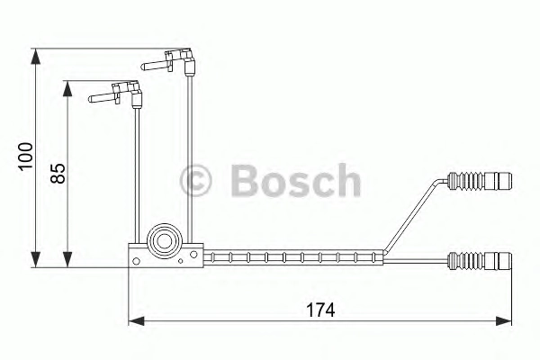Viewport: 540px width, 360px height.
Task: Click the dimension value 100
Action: coord(26,156)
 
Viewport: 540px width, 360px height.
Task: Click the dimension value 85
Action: coord(58,174)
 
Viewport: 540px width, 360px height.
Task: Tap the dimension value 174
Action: coord(320,310)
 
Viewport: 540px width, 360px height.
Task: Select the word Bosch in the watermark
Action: coord(296,181)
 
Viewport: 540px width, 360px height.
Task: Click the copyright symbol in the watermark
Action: coord(195,181)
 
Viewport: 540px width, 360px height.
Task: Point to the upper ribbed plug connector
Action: coord(480,181)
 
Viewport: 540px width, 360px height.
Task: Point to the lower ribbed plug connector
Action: coord(480,262)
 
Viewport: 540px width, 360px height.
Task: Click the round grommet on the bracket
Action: coord(165,241)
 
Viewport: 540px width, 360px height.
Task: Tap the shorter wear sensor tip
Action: coord(116,94)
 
